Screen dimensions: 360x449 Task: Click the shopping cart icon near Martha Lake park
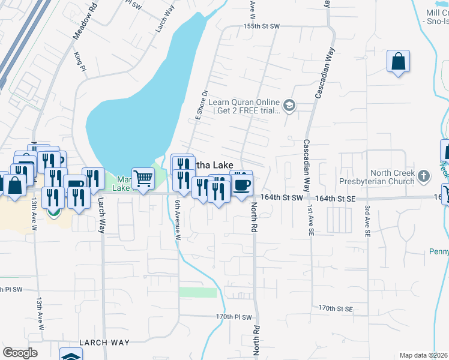coord(143,178)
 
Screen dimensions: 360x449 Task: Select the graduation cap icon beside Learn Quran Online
coord(289,106)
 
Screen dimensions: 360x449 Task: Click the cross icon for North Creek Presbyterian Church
coord(424,176)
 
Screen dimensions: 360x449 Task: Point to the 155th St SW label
coord(262,27)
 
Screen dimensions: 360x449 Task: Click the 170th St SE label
coord(335,308)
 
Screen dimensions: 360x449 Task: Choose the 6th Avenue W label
coord(178,219)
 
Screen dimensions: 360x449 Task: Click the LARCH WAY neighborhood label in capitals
coord(104,343)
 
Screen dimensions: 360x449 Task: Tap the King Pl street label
coord(79,60)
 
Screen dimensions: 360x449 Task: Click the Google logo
coord(20,353)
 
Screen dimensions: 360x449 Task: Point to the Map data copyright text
coord(423,355)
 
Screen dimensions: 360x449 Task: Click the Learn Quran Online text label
coord(244,106)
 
